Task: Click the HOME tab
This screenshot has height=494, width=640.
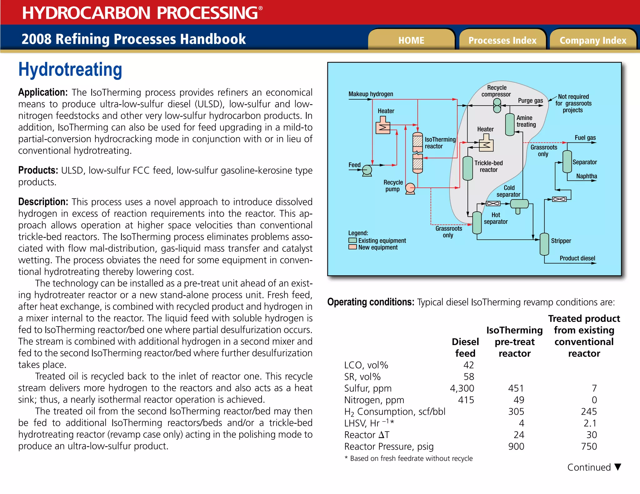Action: (x=411, y=40)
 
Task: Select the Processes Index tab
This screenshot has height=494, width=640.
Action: (x=502, y=40)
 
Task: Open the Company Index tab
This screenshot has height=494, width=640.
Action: (x=593, y=40)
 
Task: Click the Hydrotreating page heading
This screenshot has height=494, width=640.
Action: (x=70, y=69)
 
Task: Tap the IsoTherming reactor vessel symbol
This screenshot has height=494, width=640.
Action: (x=417, y=153)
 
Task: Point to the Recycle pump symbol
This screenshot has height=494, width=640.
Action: (x=410, y=188)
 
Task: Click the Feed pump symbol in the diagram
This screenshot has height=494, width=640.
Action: (x=367, y=170)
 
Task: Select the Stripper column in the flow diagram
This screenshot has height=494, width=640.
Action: (x=544, y=244)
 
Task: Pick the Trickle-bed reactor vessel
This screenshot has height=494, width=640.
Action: (x=467, y=168)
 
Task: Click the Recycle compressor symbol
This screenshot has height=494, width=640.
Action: (x=497, y=106)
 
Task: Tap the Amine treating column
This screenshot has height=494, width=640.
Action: (x=510, y=124)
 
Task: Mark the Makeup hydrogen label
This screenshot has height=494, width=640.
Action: (x=371, y=94)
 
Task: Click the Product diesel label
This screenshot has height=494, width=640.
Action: (x=577, y=258)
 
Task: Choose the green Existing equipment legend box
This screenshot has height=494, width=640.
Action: (x=352, y=240)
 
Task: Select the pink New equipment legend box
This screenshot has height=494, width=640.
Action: (x=352, y=247)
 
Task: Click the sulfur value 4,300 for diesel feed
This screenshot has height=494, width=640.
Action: (x=462, y=388)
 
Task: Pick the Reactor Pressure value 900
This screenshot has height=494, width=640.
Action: (x=516, y=446)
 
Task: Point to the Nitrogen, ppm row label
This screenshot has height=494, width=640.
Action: (x=374, y=400)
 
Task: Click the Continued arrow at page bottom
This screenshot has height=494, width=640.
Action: (x=617, y=467)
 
